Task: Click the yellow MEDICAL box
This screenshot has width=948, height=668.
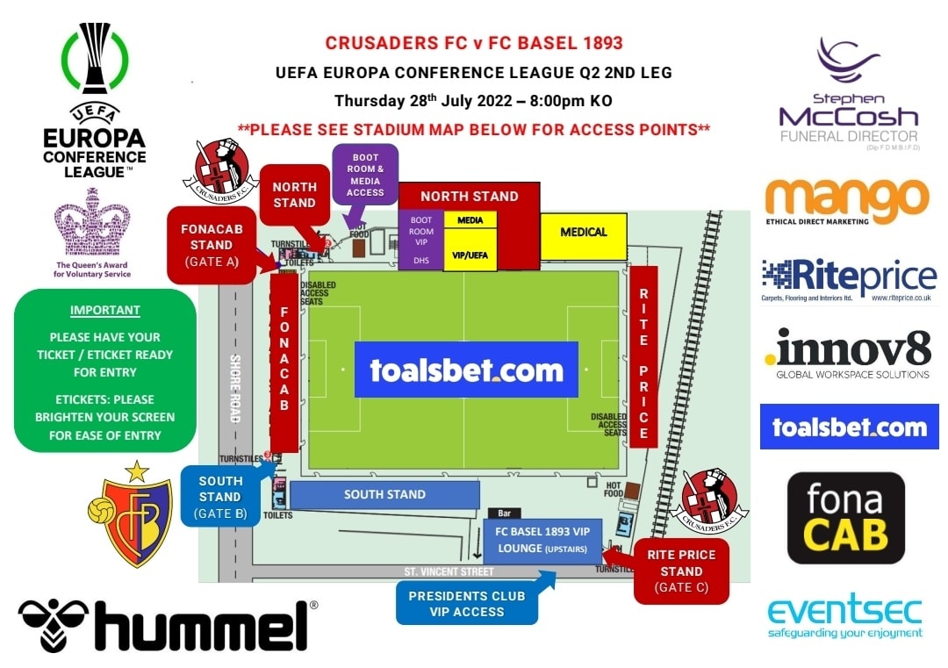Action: click(x=583, y=233)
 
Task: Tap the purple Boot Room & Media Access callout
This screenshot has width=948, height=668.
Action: click(x=365, y=175)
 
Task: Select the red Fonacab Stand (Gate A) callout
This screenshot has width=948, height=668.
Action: click(x=211, y=245)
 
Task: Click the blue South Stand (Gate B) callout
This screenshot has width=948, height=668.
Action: click(x=219, y=497)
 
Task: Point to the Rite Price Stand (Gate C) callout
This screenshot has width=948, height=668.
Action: click(x=681, y=571)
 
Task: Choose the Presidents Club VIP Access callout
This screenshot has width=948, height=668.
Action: click(x=467, y=603)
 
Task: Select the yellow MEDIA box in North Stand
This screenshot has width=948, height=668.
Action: click(x=470, y=220)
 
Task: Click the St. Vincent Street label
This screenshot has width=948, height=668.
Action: click(x=449, y=571)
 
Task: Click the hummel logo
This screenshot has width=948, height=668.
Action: click(x=168, y=624)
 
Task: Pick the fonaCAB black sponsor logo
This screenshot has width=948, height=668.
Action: click(x=845, y=518)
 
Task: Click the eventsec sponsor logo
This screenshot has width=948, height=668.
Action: click(x=844, y=618)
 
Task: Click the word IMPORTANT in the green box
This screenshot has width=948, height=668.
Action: click(x=104, y=310)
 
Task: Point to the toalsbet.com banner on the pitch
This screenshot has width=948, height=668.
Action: click(x=466, y=370)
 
